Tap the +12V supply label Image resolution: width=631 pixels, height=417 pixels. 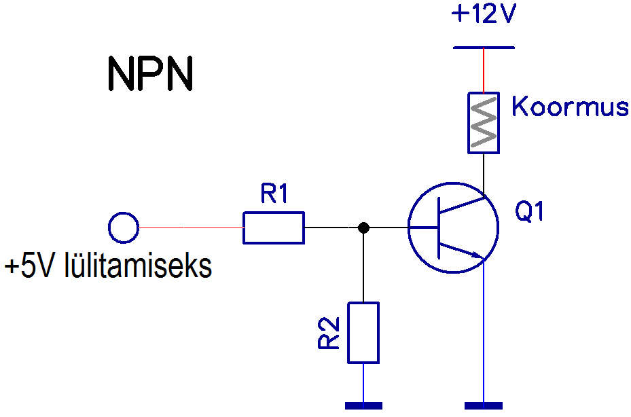483,14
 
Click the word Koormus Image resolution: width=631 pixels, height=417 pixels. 570,107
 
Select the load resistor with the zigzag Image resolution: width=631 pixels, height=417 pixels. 483,122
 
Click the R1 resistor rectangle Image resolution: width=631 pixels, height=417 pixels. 274,228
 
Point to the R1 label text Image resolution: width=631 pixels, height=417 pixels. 274,196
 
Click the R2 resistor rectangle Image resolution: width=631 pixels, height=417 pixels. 363,333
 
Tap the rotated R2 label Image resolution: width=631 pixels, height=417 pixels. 329,333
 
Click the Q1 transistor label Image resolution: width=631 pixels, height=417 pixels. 529,213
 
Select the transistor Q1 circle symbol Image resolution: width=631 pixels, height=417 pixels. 453,228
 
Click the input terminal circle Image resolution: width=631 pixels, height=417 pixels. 124,228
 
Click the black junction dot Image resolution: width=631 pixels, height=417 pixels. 363,228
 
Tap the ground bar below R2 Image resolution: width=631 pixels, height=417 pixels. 363,406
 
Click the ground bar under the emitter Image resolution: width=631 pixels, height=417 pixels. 483,406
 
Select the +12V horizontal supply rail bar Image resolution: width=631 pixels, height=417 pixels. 483,48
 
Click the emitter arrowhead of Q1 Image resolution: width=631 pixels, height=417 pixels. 478,255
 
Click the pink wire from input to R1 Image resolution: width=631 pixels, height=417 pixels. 190,228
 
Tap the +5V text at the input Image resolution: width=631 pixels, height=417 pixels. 31,266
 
